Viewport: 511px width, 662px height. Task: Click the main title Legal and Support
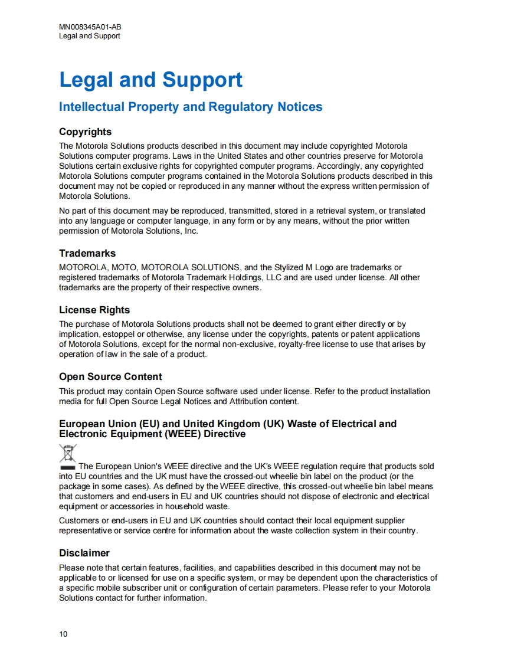tap(150, 80)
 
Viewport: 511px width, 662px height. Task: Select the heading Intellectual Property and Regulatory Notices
tap(191, 107)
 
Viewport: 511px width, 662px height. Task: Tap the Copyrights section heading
tap(85, 132)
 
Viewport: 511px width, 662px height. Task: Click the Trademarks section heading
tap(87, 253)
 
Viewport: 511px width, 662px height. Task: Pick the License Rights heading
tap(94, 310)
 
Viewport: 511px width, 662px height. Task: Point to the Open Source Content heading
tap(110, 376)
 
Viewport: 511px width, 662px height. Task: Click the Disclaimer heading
tap(84, 553)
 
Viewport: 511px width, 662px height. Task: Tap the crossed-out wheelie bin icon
tap(68, 455)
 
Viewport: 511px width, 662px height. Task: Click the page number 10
tap(63, 634)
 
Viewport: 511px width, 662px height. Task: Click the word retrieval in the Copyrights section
tap(317, 211)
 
